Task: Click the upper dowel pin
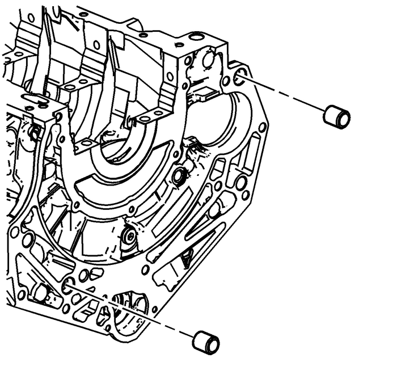pyautogui.click(x=336, y=117)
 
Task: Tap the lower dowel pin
pyautogui.click(x=206, y=342)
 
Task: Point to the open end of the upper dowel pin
pyautogui.click(x=344, y=119)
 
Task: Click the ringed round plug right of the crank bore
pyautogui.click(x=179, y=176)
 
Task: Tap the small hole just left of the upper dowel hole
pyautogui.click(x=226, y=81)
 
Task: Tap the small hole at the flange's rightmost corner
pyautogui.click(x=262, y=127)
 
